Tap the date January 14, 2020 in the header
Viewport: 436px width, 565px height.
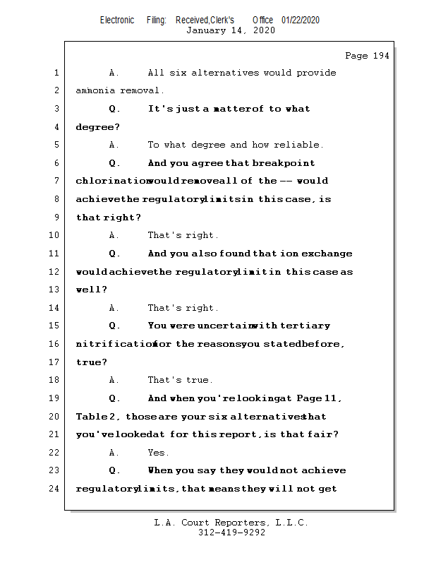pyautogui.click(x=230, y=30)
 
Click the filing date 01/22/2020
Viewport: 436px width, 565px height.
pyautogui.click(x=300, y=20)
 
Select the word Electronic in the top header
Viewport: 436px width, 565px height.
pyautogui.click(x=117, y=20)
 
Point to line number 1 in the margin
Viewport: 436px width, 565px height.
pyautogui.click(x=56, y=73)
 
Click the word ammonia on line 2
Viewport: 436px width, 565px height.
pyautogui.click(x=97, y=91)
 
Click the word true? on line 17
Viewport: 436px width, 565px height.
pyautogui.click(x=92, y=362)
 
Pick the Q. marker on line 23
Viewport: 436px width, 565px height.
pyautogui.click(x=114, y=470)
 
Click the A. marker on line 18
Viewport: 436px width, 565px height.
pyautogui.click(x=114, y=380)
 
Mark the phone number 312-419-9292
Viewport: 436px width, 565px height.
pyautogui.click(x=231, y=533)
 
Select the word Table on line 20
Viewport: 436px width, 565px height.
pyautogui.click(x=91, y=417)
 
